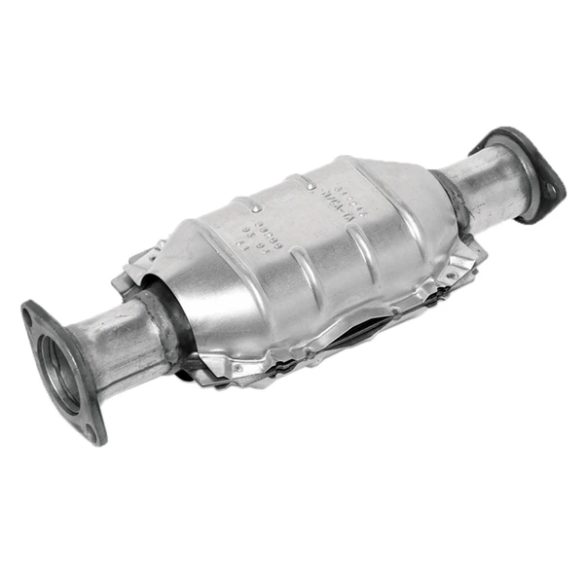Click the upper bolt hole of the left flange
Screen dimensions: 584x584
point(33,313)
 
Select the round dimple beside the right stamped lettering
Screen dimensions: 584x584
point(310,182)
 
